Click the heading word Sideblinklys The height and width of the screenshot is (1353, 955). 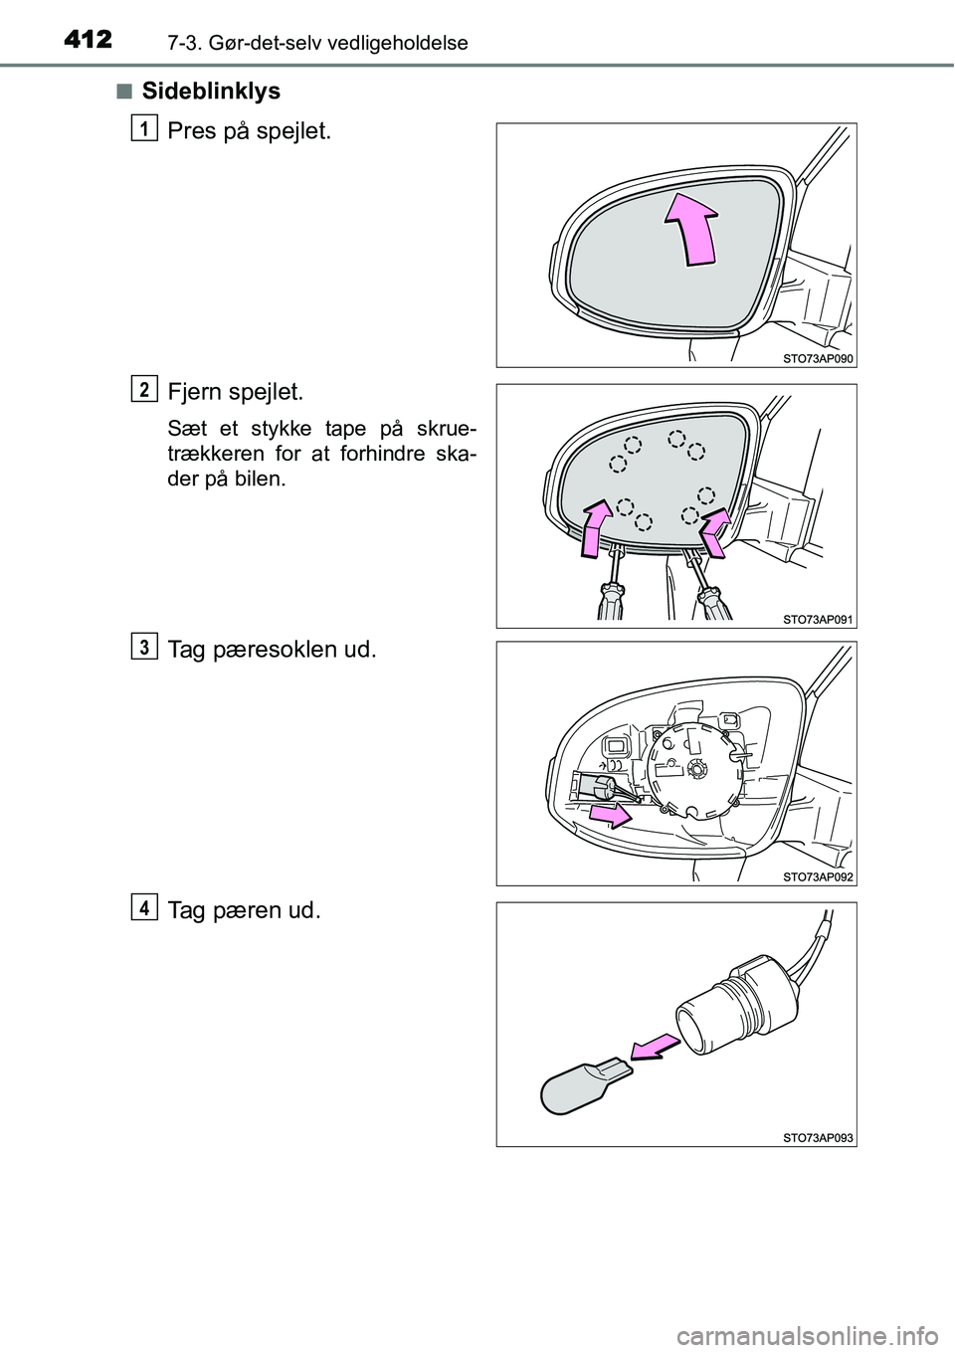[x=211, y=92]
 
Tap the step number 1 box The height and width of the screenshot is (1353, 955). [x=144, y=126]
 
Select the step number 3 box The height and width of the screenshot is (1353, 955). [x=144, y=648]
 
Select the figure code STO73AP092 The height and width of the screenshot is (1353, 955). [x=818, y=876]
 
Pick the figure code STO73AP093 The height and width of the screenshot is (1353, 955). [x=818, y=1136]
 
